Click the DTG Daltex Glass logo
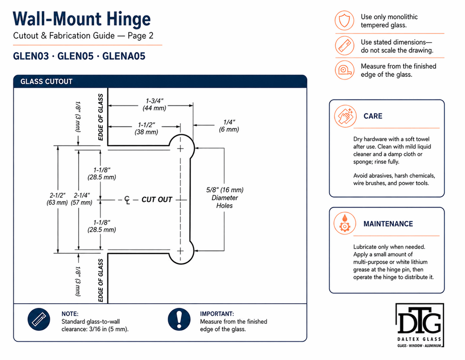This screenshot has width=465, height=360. click(419, 325)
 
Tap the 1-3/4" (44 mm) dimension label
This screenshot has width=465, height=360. click(154, 105)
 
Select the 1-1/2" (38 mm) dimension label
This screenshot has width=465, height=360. click(146, 128)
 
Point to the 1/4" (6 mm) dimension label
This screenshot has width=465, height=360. click(229, 126)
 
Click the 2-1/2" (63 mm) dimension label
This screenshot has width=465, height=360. click(57, 199)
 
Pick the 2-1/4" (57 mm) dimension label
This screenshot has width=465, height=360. click(81, 199)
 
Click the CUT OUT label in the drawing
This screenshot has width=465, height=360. click(157, 200)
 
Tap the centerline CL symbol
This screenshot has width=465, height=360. click(127, 200)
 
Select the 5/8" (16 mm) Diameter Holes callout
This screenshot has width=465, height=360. click(225, 198)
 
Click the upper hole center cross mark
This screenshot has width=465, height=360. click(180, 148)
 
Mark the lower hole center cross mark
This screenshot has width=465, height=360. click(180, 251)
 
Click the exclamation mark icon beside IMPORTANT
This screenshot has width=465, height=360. click(179, 320)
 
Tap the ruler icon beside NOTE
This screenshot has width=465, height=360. click(39, 320)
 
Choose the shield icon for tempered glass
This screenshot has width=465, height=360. click(345, 20)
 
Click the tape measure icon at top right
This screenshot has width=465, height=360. click(345, 70)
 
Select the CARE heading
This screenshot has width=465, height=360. click(373, 116)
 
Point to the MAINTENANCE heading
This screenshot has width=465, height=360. click(388, 224)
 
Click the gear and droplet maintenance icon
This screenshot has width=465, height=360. click(345, 223)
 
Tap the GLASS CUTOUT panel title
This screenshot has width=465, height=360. click(46, 81)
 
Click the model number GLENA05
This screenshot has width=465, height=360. click(124, 56)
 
